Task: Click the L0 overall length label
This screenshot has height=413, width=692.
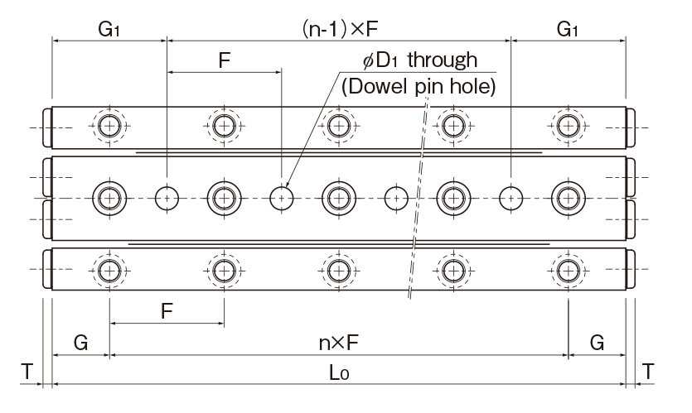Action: [338, 373]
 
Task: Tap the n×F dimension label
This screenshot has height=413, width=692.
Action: [338, 342]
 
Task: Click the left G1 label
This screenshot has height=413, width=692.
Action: [109, 30]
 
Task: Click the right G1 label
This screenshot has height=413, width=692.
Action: [568, 30]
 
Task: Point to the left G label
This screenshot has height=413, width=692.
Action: [80, 342]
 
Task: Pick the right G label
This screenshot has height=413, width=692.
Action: [597, 342]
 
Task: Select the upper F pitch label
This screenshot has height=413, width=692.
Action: [224, 60]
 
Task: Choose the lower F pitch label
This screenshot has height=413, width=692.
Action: [167, 311]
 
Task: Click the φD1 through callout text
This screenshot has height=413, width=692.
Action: [421, 60]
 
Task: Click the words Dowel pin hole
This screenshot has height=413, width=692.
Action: [419, 84]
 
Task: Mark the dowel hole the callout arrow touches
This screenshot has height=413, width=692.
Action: [283, 197]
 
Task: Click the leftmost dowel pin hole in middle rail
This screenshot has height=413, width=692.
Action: [167, 197]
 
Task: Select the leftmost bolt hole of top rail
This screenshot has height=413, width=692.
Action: [109, 126]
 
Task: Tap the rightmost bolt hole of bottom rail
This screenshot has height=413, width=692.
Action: [568, 270]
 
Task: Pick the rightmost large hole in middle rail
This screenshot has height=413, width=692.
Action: [568, 197]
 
